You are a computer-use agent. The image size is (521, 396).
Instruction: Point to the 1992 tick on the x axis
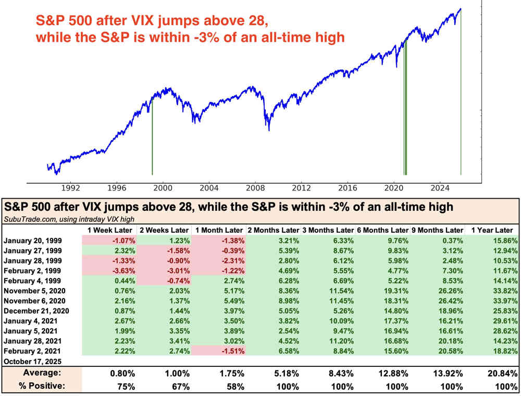pos(70,188)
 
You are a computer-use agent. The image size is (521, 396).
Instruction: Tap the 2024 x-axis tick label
pos(440,188)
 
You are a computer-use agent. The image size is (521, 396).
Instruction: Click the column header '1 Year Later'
pos(491,230)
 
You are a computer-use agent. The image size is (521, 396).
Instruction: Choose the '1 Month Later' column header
pos(218,230)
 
